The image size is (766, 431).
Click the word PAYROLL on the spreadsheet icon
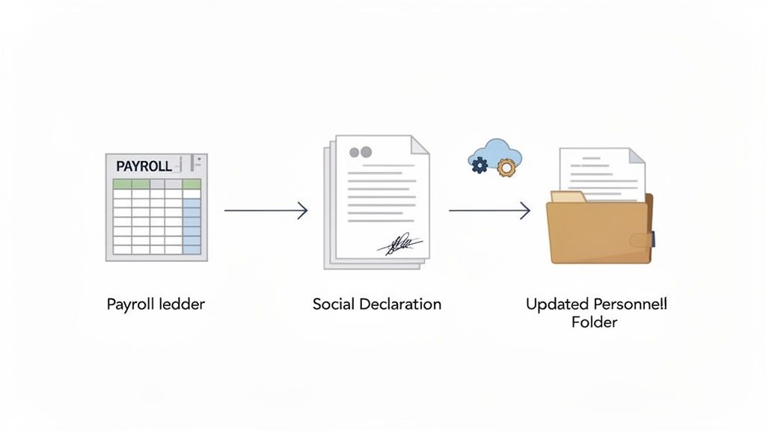[144, 166]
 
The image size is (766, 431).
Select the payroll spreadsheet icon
[156, 207]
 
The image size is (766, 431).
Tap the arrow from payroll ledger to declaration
[266, 211]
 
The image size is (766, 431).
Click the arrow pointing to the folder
[489, 211]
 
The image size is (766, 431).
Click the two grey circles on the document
[361, 152]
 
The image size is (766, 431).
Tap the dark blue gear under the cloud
[479, 165]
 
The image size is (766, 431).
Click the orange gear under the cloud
[507, 168]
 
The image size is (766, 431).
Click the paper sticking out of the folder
[602, 172]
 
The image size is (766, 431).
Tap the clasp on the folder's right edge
[642, 239]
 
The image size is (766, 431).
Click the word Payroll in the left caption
[129, 305]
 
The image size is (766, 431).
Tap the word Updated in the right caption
[557, 305]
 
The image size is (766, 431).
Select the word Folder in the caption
[596, 323]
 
